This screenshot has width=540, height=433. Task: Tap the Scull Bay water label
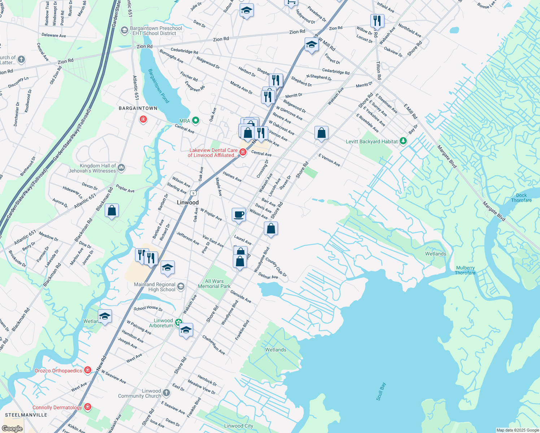click(381, 392)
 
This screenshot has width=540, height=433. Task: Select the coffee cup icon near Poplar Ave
click(239, 215)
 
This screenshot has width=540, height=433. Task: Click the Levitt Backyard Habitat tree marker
click(403, 141)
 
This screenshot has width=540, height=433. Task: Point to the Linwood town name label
click(188, 202)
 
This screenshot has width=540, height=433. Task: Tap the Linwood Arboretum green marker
click(178, 322)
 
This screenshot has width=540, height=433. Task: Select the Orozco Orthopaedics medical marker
click(87, 370)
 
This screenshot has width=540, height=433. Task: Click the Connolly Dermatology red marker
click(87, 407)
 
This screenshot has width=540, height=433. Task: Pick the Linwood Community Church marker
click(166, 393)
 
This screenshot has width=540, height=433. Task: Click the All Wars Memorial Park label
click(214, 284)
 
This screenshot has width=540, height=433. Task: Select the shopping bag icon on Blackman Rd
click(112, 211)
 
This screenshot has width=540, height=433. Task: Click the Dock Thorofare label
click(521, 198)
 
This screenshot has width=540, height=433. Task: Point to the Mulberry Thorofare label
click(465, 270)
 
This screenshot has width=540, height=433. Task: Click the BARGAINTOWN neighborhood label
click(138, 108)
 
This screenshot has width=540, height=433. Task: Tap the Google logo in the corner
click(12, 428)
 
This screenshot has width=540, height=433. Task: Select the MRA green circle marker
click(196, 120)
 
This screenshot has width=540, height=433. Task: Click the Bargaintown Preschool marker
click(125, 30)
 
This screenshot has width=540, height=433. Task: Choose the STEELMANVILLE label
click(26, 415)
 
